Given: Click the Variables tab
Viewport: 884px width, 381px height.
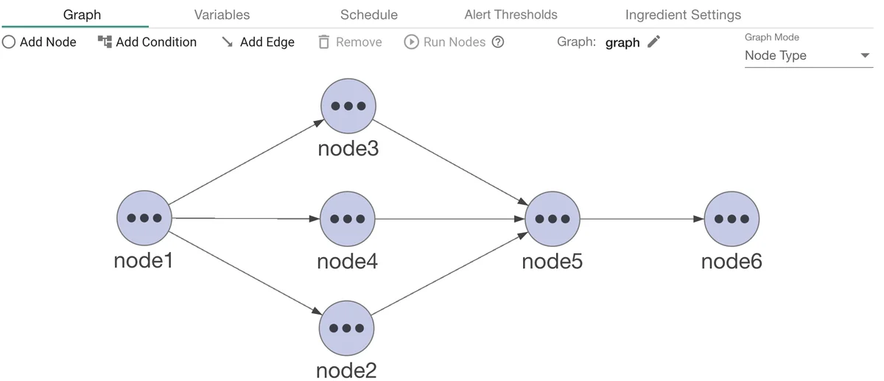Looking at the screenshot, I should click(222, 15).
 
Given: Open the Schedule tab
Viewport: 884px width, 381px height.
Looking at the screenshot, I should click(368, 15).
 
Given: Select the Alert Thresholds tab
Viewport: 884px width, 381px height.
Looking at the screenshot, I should click(511, 15).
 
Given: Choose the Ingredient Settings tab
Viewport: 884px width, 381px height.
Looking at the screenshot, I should click(683, 15).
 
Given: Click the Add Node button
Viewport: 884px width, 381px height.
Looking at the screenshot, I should click(40, 42).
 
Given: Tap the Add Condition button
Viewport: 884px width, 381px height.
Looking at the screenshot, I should click(147, 42).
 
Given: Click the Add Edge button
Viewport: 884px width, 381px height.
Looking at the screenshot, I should click(258, 42).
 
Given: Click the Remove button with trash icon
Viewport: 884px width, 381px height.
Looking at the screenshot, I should click(350, 42).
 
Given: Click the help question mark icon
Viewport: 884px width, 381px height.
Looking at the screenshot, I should click(498, 42).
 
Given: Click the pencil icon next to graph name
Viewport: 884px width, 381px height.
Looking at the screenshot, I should click(653, 42).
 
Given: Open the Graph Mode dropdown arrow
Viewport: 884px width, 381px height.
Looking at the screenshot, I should click(865, 56).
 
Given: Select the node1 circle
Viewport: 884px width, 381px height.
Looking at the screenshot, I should click(144, 218).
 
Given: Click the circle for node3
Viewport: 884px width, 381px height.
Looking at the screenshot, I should click(348, 105).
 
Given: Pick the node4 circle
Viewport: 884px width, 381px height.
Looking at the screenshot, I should click(348, 219).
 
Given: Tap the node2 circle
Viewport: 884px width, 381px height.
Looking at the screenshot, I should click(347, 328).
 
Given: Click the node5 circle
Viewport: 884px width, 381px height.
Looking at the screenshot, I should click(552, 219).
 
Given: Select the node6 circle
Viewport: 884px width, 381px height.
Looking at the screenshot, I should click(732, 219).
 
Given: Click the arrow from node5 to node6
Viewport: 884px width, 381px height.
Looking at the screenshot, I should click(642, 219).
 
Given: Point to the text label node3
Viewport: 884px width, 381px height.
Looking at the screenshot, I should click(348, 149).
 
